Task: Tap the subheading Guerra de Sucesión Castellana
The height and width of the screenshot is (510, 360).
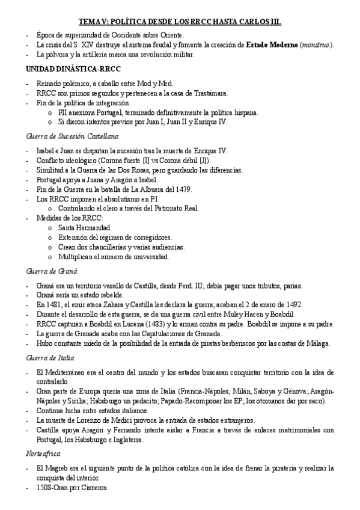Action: point(64,137)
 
